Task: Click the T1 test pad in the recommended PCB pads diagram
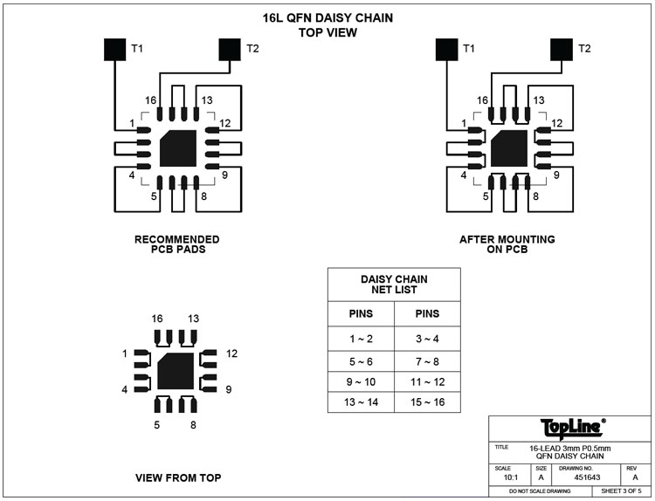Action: click(x=115, y=49)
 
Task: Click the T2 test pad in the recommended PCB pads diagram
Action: click(x=230, y=49)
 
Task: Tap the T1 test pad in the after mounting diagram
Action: click(x=446, y=49)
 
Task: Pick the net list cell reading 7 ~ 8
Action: click(x=427, y=360)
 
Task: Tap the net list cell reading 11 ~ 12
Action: click(x=427, y=382)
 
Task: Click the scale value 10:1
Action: click(x=507, y=477)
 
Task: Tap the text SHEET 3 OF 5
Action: click(x=622, y=491)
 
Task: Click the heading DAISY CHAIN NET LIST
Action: click(x=394, y=284)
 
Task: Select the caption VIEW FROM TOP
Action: click(x=178, y=477)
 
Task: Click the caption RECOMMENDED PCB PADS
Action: click(x=177, y=244)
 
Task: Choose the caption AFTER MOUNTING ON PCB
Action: click(x=507, y=244)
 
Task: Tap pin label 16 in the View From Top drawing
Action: click(x=157, y=319)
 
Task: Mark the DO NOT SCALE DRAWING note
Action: click(x=540, y=491)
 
